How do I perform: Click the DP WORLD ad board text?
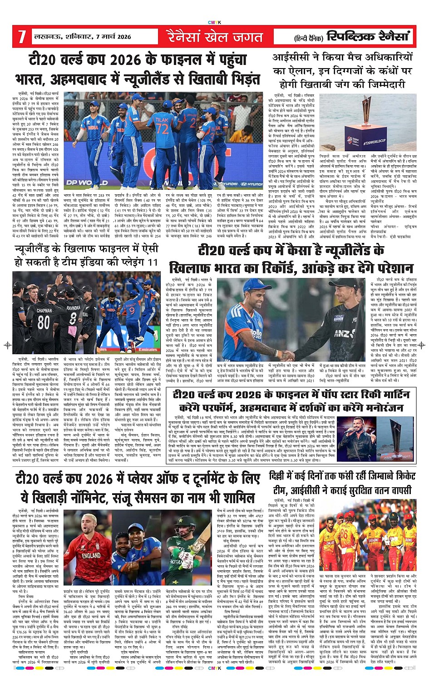(x=80, y=183)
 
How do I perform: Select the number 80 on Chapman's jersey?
(x=44, y=322)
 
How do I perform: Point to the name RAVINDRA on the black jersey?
(x=74, y=308)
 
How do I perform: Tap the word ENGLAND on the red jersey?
(x=91, y=555)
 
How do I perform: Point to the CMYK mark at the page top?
(x=214, y=22)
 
